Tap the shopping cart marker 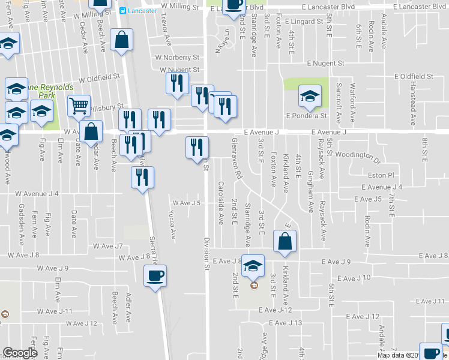[x=79, y=107]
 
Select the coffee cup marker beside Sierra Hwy [x=155, y=276]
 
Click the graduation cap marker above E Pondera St [x=310, y=96]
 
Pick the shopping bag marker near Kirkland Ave [x=285, y=241]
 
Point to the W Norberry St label [x=176, y=58]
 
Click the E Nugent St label [x=325, y=63]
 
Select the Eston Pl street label [x=381, y=176]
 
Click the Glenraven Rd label [x=236, y=158]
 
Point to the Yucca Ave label [x=173, y=223]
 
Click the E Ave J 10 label [x=354, y=278]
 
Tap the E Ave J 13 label [x=286, y=323]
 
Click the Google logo [x=20, y=353]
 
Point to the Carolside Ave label [x=221, y=196]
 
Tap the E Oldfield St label [x=414, y=77]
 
